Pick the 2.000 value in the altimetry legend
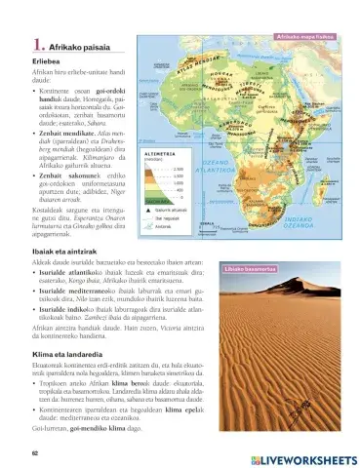[x=178, y=169]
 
